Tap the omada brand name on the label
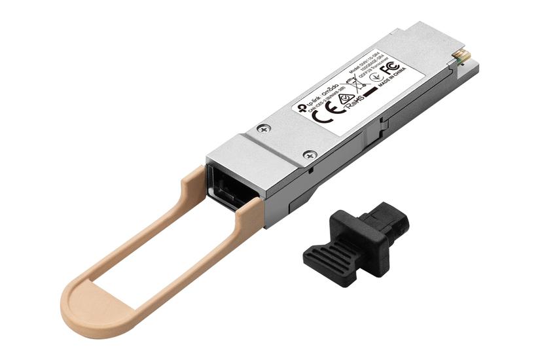330,94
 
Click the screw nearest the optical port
310,155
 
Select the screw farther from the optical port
263,129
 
